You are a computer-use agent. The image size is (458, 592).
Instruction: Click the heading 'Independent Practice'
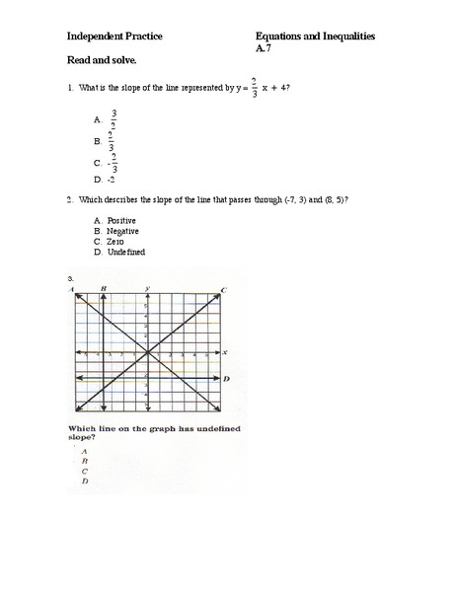pos(114,37)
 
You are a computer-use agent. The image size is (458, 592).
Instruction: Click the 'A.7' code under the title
pos(262,47)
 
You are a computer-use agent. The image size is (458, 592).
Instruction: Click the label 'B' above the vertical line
pos(103,287)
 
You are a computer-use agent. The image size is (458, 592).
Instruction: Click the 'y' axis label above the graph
pos(147,287)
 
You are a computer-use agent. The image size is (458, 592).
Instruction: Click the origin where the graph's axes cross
pos(147,352)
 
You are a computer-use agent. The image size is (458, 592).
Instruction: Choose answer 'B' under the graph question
pos(85,460)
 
